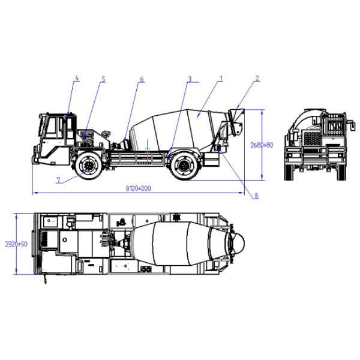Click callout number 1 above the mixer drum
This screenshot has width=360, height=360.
click(x=221, y=78)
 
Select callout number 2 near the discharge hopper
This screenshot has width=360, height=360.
click(x=257, y=78)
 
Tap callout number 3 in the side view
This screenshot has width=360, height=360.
click(x=190, y=79)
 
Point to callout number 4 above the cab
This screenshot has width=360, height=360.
click(x=77, y=78)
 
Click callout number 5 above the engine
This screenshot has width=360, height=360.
click(x=103, y=79)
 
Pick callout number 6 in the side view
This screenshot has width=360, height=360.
click(x=142, y=79)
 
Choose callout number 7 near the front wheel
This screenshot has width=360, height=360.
click(x=59, y=180)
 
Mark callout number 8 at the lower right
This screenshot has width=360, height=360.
click(x=256, y=196)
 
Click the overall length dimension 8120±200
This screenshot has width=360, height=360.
click(x=138, y=188)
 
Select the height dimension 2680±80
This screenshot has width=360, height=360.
click(x=262, y=145)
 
